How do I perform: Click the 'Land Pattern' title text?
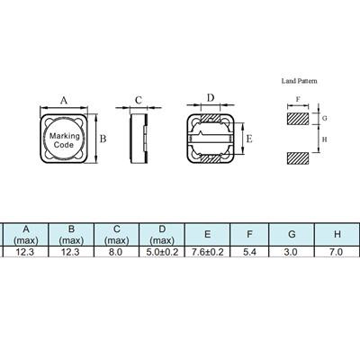[x=299, y=81]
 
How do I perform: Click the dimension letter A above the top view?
[x=64, y=100]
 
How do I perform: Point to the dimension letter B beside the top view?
[x=103, y=139]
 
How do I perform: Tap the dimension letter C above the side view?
[x=139, y=100]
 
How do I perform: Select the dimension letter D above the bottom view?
[x=211, y=98]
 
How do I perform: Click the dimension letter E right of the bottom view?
[x=249, y=139]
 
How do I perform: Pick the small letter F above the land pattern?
[x=298, y=100]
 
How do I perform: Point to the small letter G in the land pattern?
[x=324, y=118]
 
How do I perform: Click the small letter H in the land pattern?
[x=324, y=139]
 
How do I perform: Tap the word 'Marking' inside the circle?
[x=65, y=136]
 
